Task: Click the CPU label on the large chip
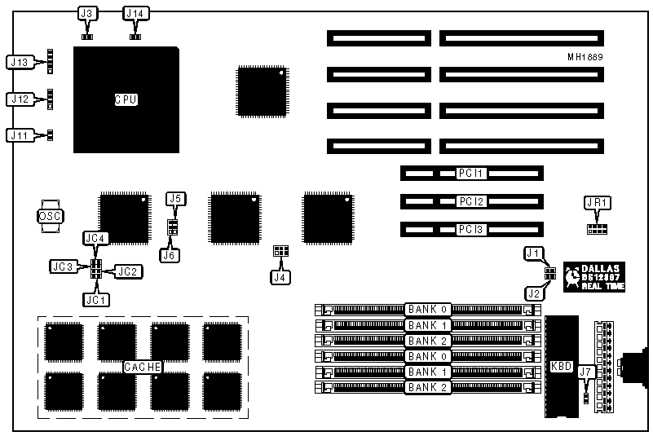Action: pyautogui.click(x=125, y=99)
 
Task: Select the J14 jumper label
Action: pyautogui.click(x=135, y=12)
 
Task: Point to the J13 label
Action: pyautogui.click(x=20, y=61)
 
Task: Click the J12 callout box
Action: pyautogui.click(x=20, y=99)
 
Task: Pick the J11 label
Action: pyautogui.click(x=20, y=134)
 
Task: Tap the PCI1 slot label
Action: pyautogui.click(x=470, y=174)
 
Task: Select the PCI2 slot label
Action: pyautogui.click(x=470, y=201)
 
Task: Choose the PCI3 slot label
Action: pyautogui.click(x=470, y=229)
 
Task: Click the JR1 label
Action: pyautogui.click(x=598, y=203)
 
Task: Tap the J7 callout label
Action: pyautogui.click(x=585, y=372)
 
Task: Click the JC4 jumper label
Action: pyautogui.click(x=95, y=238)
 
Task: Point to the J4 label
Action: pyautogui.click(x=280, y=277)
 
